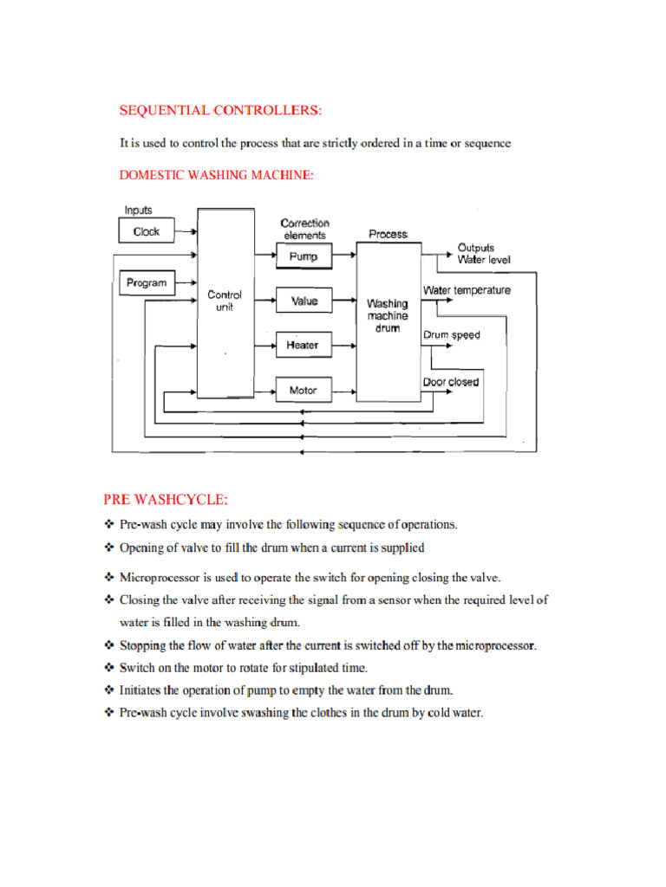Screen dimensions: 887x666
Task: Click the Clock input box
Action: pyautogui.click(x=146, y=231)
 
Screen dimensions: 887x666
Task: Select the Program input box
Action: pyautogui.click(x=146, y=282)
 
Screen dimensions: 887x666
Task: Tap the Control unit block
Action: pyautogui.click(x=225, y=301)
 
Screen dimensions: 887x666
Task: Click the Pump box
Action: pyautogui.click(x=303, y=256)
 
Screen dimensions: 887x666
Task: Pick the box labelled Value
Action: pyautogui.click(x=303, y=301)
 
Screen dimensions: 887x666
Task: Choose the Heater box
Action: pyautogui.click(x=303, y=346)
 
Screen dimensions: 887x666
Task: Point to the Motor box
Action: pyautogui.click(x=303, y=391)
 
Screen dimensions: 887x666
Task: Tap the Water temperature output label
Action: pyautogui.click(x=467, y=290)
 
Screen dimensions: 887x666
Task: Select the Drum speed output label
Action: pyautogui.click(x=451, y=334)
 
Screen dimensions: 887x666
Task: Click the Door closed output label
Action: pyautogui.click(x=450, y=381)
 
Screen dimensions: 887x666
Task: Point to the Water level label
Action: pyautogui.click(x=484, y=259)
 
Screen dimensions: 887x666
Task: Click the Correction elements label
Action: pyautogui.click(x=304, y=229)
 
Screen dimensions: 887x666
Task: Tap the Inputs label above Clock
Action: pyautogui.click(x=138, y=210)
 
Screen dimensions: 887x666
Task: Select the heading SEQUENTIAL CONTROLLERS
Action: pyautogui.click(x=220, y=110)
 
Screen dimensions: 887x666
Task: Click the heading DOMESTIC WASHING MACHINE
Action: pyautogui.click(x=216, y=175)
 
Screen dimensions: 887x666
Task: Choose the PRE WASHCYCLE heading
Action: pyautogui.click(x=166, y=499)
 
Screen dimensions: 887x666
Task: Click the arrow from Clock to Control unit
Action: pyautogui.click(x=186, y=231)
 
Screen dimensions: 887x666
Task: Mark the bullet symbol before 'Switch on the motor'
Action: pyautogui.click(x=109, y=668)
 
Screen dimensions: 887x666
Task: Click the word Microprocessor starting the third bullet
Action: pyautogui.click(x=160, y=577)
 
